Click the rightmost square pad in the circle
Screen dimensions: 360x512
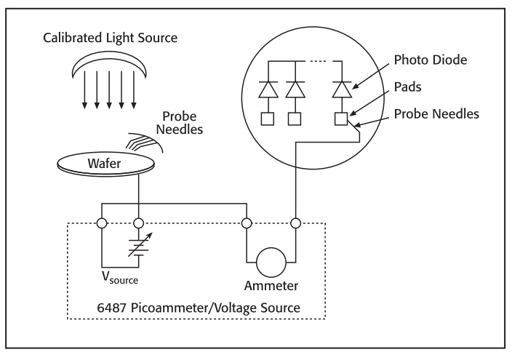tap(339, 118)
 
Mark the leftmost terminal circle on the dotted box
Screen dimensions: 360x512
tap(100, 223)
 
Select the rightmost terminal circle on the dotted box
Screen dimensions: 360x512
tap(295, 223)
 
